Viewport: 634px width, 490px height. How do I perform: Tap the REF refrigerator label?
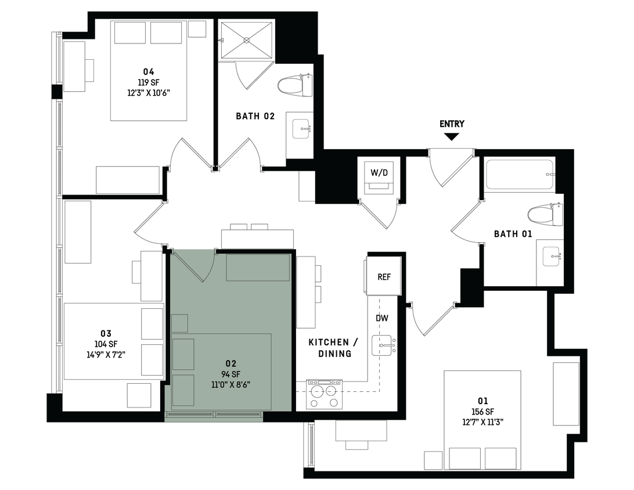(384, 277)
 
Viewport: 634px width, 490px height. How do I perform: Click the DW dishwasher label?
(381, 318)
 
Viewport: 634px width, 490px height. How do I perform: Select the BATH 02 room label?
(255, 116)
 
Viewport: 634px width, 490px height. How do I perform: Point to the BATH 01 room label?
(513, 234)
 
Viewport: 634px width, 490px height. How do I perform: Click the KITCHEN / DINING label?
(329, 348)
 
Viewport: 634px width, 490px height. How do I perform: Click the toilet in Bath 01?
(547, 214)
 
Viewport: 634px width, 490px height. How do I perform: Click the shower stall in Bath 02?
(246, 40)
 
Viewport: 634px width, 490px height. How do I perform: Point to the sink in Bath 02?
(301, 128)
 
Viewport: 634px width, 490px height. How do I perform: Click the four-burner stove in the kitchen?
(324, 394)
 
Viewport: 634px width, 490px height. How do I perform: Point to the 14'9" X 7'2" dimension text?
(106, 354)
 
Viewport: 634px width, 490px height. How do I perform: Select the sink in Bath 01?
(550, 257)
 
